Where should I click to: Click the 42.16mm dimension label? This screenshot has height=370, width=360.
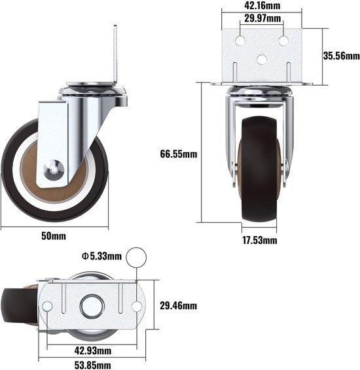[261, 6]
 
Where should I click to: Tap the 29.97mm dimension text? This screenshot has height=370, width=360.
[262, 18]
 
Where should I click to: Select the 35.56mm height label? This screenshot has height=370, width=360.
[340, 56]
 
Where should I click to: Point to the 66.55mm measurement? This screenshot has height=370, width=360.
[179, 155]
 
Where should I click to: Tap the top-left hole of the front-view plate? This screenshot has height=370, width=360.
[240, 41]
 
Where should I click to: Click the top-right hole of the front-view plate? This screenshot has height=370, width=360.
[283, 41]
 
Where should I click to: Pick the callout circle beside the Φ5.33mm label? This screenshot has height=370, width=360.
[136, 258]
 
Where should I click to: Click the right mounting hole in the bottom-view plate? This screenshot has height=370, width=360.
[136, 306]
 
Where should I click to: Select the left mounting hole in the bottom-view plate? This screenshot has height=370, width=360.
[48, 306]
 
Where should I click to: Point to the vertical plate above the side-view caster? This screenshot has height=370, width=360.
[115, 52]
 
